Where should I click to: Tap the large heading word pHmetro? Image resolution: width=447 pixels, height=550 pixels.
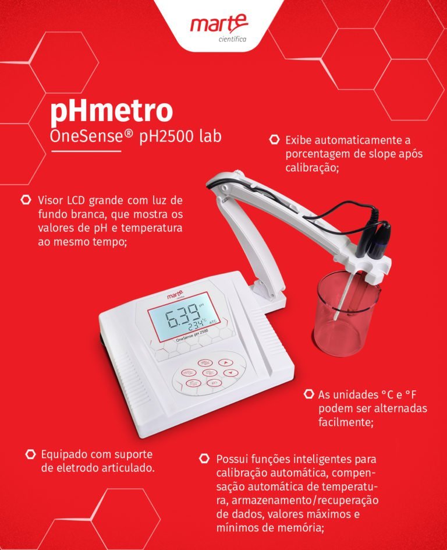[x=111, y=111]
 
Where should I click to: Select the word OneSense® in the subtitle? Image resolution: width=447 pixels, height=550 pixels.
[x=91, y=136]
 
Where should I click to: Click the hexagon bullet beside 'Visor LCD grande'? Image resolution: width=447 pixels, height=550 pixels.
[x=26, y=200]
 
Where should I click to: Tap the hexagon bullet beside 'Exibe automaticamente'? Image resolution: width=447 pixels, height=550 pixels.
[x=274, y=140]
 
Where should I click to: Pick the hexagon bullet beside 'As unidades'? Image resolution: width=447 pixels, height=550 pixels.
[x=308, y=394]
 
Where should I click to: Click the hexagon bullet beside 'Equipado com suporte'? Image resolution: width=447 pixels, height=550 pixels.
[x=31, y=454]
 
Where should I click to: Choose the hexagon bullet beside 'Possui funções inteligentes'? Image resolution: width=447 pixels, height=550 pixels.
[x=204, y=459]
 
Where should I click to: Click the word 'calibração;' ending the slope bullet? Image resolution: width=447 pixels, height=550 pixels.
[x=312, y=168]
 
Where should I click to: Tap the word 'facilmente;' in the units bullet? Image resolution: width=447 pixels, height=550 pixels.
[x=346, y=422]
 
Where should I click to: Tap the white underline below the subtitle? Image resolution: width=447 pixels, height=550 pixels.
[x=86, y=151]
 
